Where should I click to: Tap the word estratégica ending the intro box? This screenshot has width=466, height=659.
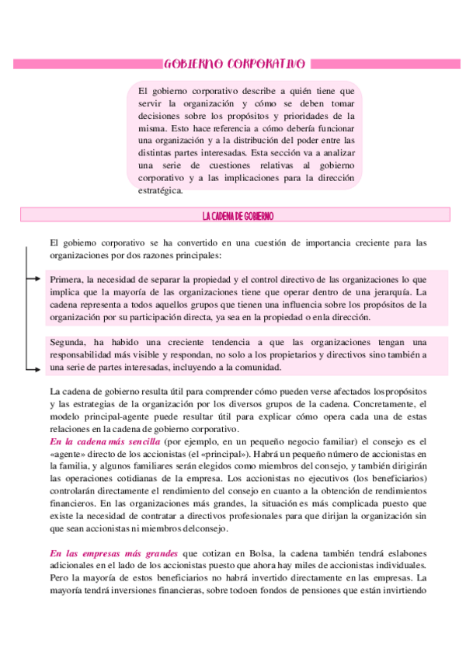[160, 190]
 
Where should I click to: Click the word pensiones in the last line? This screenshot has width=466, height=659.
[297, 591]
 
